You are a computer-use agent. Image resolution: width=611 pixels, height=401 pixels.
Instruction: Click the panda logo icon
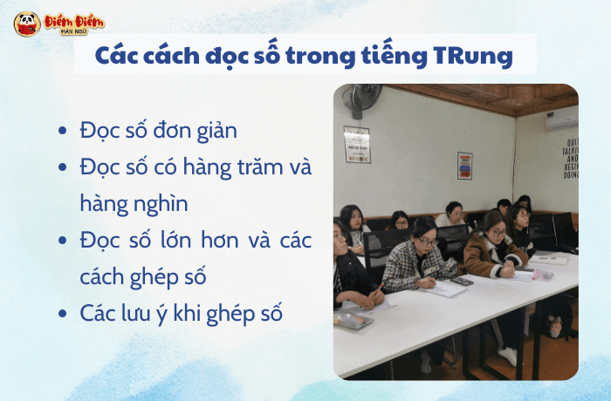pyautogui.click(x=27, y=23)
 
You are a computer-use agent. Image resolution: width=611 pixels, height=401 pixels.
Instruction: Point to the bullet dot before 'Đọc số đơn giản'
pyautogui.click(x=61, y=131)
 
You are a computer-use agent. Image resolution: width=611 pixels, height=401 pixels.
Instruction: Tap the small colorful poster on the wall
pyautogui.click(x=464, y=165)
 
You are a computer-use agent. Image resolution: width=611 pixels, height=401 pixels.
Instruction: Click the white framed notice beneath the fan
pyautogui.click(x=357, y=144)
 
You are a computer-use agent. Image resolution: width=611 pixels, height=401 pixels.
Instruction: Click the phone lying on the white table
pyautogui.click(x=462, y=281)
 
